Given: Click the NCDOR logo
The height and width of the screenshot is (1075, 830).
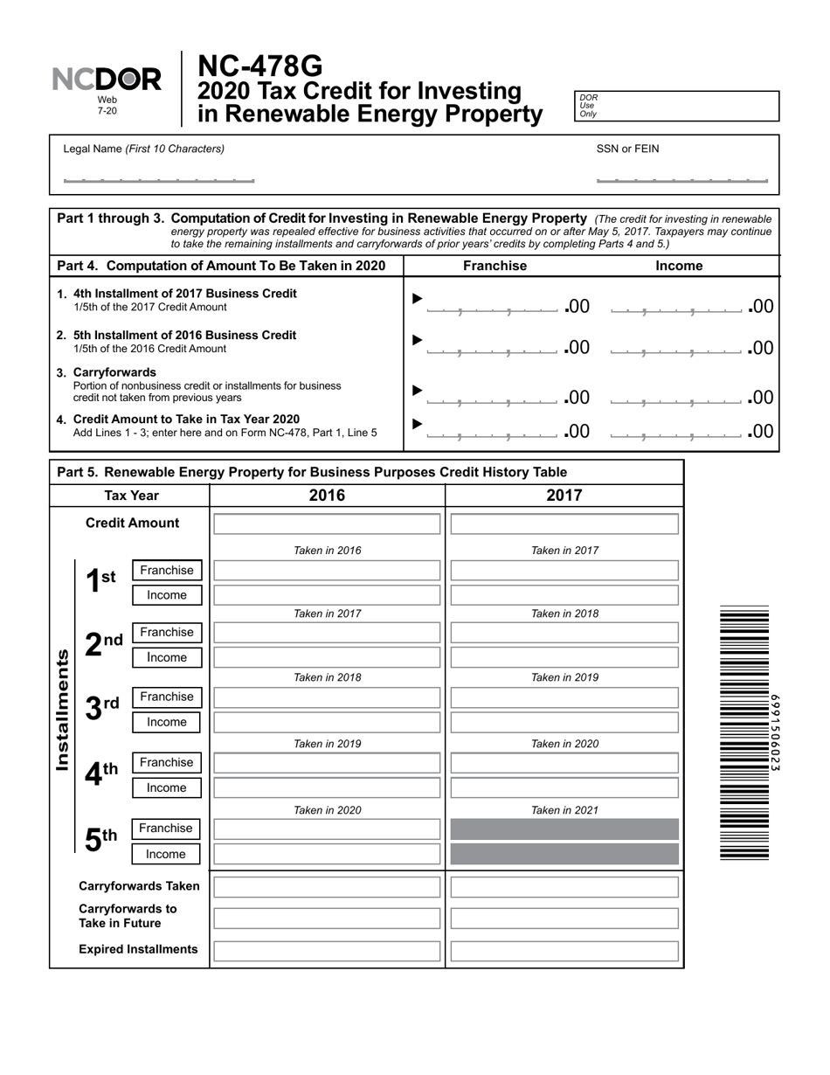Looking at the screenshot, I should click(107, 80).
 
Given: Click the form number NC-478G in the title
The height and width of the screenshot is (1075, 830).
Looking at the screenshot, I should click(259, 66).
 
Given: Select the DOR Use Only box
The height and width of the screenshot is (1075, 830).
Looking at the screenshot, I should click(676, 106).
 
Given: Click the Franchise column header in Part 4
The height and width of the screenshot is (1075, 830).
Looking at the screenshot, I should click(495, 267).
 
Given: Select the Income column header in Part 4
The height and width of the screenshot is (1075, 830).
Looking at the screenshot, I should click(679, 267).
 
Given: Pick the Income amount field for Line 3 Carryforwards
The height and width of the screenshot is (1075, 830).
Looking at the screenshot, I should click(678, 397).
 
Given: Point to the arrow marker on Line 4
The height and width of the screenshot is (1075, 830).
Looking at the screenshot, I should click(417, 424).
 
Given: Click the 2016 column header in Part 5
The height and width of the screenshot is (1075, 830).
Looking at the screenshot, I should click(327, 496).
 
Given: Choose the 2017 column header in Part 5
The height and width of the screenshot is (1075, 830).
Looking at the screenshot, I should click(564, 496).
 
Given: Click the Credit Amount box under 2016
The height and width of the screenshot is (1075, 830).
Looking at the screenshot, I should click(327, 524).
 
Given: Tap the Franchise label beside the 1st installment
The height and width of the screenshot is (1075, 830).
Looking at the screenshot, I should click(167, 571).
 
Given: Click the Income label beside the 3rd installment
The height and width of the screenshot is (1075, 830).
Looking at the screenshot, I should click(167, 722).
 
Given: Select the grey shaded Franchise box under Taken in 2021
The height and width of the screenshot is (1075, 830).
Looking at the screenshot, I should click(564, 829).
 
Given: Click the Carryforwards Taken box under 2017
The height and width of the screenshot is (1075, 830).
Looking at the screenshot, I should click(564, 887).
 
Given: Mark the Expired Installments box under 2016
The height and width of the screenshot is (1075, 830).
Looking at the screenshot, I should click(327, 950).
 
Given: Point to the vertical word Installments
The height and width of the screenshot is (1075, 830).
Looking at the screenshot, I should click(62, 710).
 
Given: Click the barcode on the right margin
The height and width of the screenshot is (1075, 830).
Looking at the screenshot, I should click(744, 732).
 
